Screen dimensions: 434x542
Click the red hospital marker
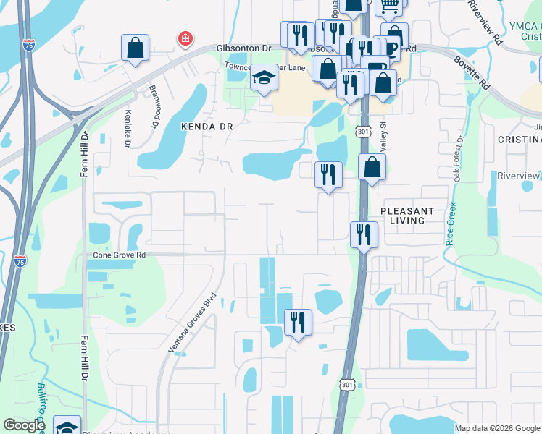[x=185, y=38]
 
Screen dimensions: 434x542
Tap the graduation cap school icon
[x=264, y=78]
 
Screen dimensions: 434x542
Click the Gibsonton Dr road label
[x=243, y=48]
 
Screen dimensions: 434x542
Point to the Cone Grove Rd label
[x=120, y=255]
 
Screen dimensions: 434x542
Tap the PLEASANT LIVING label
[x=407, y=216]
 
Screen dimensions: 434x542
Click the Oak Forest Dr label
[x=458, y=158]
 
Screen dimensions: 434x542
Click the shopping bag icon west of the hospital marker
[x=135, y=48]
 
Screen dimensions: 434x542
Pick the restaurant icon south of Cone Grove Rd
[x=298, y=321]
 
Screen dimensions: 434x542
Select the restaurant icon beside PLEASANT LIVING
[x=363, y=235]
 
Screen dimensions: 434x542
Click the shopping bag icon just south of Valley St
[x=372, y=168]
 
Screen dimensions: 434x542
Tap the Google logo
[x=25, y=425]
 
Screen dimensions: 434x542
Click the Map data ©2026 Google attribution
[x=497, y=428]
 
